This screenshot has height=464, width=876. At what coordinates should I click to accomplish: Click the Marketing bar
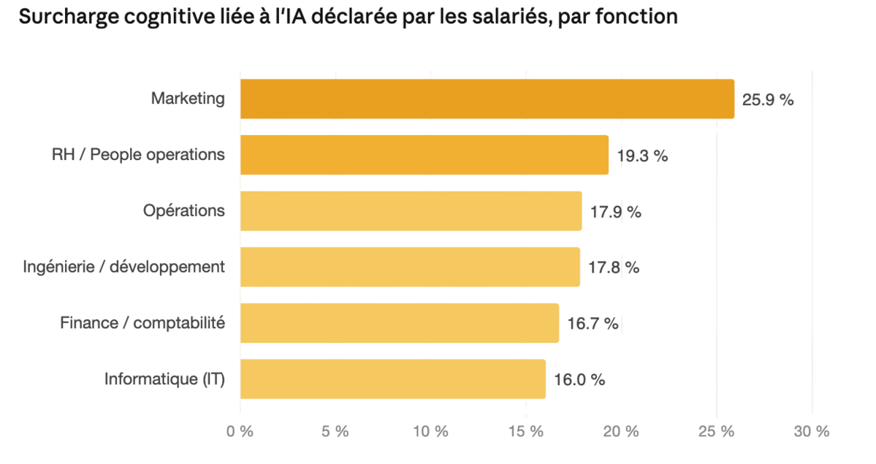(x=487, y=99)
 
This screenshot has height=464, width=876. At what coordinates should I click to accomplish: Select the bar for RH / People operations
(x=424, y=155)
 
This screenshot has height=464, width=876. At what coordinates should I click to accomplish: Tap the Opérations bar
(x=411, y=211)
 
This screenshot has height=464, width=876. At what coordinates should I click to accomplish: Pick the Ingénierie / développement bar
(x=409, y=267)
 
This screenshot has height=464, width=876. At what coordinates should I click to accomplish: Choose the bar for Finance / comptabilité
(x=399, y=323)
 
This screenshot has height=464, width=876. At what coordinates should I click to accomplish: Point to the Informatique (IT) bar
(x=392, y=379)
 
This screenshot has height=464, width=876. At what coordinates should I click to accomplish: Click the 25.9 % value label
(x=767, y=100)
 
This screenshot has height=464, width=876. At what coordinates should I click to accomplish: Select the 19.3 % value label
(x=642, y=156)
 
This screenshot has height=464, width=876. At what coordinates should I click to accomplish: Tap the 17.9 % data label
(x=615, y=212)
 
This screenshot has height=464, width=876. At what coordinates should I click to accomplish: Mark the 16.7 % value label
(x=593, y=324)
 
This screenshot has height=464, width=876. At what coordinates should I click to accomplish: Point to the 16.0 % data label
(x=579, y=379)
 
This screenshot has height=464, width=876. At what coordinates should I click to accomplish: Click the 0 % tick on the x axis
(x=240, y=432)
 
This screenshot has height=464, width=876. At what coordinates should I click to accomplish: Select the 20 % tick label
(x=621, y=432)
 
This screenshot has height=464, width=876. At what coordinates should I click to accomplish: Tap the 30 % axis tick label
(x=811, y=432)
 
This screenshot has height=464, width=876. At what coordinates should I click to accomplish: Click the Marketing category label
(x=188, y=99)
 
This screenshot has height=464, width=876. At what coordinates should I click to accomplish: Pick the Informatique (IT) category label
(x=164, y=379)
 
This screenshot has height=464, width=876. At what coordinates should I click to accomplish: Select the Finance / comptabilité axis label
(x=142, y=323)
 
